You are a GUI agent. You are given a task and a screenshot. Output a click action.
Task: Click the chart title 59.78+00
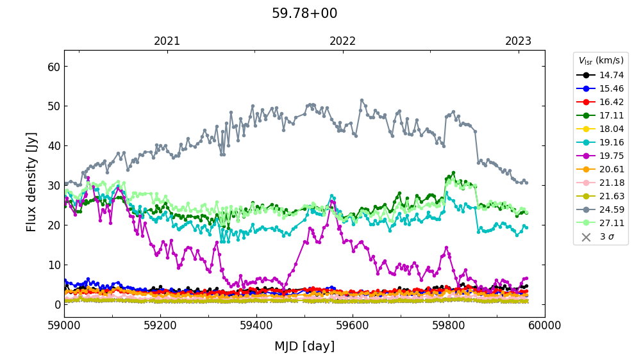pyautogui.click(x=304, y=13)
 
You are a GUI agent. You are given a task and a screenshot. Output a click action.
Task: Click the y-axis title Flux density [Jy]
pyautogui.click(x=32, y=182)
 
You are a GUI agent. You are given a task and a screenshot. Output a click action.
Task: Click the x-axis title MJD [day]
pyautogui.click(x=304, y=347)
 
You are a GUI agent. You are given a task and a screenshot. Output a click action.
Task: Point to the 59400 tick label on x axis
pyautogui.click(x=256, y=325)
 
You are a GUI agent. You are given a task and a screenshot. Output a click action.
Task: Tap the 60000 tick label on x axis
pyautogui.click(x=545, y=325)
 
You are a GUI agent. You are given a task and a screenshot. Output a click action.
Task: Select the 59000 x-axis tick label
pyautogui.click(x=64, y=325)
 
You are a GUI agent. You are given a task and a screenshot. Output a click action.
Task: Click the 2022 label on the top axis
pyautogui.click(x=343, y=41)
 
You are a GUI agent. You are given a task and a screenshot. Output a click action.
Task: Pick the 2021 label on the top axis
pyautogui.click(x=167, y=41)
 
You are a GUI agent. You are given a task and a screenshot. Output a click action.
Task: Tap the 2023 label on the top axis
pyautogui.click(x=518, y=41)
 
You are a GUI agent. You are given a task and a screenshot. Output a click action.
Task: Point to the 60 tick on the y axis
pyautogui.click(x=53, y=67)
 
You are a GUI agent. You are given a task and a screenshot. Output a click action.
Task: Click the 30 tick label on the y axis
pyautogui.click(x=53, y=186)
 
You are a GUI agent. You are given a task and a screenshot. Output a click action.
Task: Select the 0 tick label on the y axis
pyautogui.click(x=56, y=304)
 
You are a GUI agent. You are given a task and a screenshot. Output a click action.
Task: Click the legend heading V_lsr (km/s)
pyautogui.click(x=601, y=61)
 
